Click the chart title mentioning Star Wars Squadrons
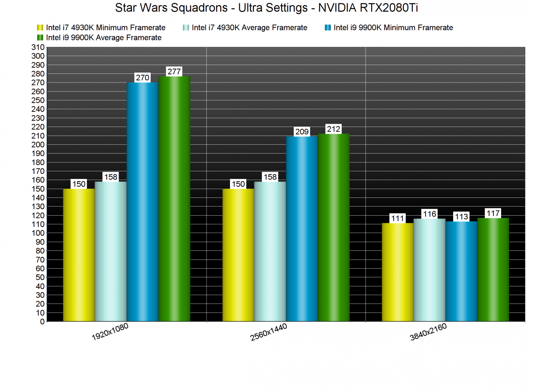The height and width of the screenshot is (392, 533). (266, 8)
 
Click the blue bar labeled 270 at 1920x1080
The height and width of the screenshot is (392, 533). (143, 201)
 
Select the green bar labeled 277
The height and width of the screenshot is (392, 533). (174, 199)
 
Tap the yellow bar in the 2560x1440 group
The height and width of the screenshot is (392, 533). (238, 255)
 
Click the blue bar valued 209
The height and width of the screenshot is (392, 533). (302, 229)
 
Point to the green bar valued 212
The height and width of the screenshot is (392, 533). (334, 227)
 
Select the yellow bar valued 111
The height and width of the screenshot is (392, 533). (398, 272)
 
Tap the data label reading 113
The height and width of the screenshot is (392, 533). (461, 217)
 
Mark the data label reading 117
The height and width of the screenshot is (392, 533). (493, 213)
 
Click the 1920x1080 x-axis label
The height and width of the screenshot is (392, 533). (110, 332)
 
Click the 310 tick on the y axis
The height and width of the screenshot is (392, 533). (38, 47)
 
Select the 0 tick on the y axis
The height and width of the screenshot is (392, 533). (42, 322)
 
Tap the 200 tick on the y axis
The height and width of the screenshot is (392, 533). (38, 144)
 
